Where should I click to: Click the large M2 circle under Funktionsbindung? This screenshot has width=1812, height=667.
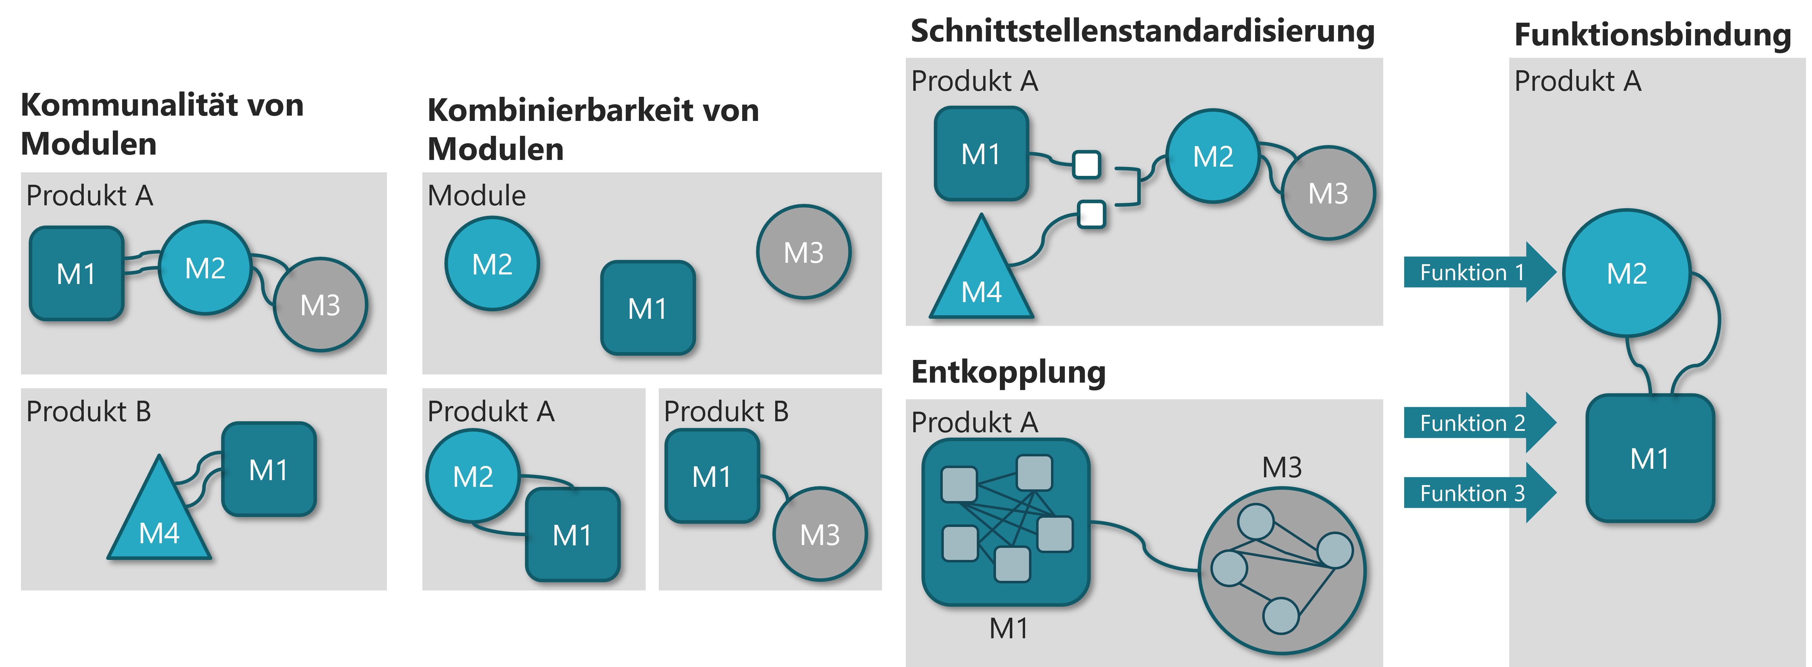click(1626, 273)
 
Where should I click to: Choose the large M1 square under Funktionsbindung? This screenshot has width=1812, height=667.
click(1649, 458)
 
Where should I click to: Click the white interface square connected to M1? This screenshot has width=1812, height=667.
click(1087, 165)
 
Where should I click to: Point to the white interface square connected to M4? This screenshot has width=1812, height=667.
click(1092, 214)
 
